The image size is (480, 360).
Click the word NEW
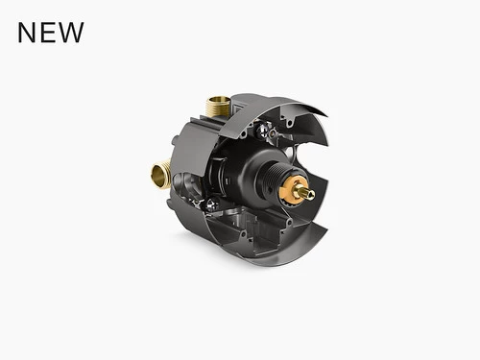[x=51, y=33]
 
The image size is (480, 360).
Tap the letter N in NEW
[x=26, y=33]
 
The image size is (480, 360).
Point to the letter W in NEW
[x=70, y=33]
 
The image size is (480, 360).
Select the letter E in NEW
[x=46, y=33]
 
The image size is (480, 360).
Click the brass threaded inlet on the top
[x=216, y=107]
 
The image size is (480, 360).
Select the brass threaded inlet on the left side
[x=161, y=174]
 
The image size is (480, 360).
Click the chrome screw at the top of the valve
[x=262, y=130]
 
